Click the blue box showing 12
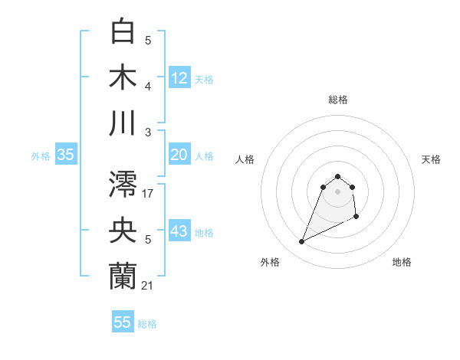[179, 77]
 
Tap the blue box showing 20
[179, 155]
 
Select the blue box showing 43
[179, 231]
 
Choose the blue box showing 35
[66, 155]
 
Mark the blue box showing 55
[123, 322]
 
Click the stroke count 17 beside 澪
[148, 194]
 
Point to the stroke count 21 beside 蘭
[148, 285]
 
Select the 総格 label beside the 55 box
[147, 324]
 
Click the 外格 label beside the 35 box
[41, 156]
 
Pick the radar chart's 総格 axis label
[337, 100]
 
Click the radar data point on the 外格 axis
[302, 242]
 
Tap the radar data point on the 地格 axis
[357, 218]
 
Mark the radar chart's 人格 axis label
[245, 159]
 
